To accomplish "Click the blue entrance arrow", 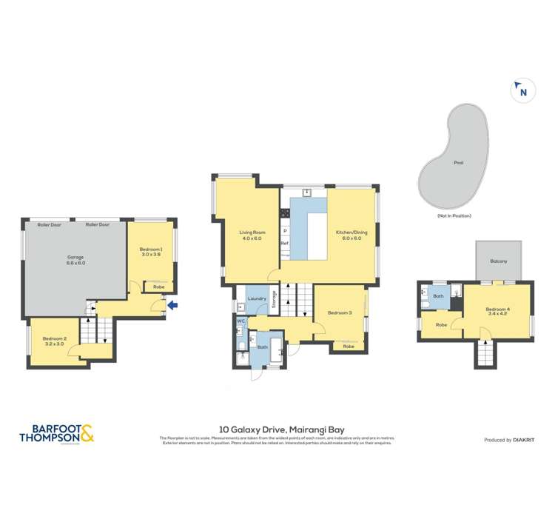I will click(x=172, y=304).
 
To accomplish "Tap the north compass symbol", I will click(x=522, y=91).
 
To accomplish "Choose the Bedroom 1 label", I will click(x=151, y=252).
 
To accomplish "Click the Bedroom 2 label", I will click(x=55, y=341).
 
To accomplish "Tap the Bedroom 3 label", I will click(x=340, y=313).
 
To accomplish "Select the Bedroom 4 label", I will click(x=498, y=311).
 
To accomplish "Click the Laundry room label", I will click(x=257, y=298).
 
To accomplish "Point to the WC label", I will click(x=241, y=321).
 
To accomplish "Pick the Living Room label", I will click(x=251, y=235).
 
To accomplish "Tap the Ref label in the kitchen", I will click(x=284, y=243).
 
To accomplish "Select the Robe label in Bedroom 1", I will click(x=158, y=286).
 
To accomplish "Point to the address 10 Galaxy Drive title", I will click(x=281, y=429).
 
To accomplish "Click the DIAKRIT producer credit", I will click(x=509, y=440).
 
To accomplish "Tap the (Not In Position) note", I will click(x=454, y=215).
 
